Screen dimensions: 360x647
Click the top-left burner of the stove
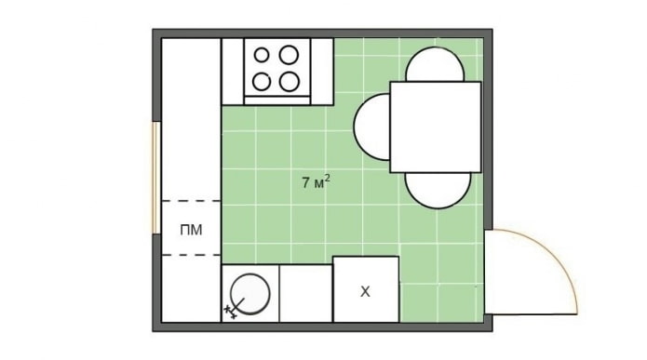coord(264,55)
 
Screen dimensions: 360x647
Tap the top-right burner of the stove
coord(290,55)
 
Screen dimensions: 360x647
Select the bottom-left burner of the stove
coord(264,80)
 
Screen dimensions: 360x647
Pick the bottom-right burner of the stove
coord(290,80)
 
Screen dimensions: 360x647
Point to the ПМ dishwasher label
coord(192,229)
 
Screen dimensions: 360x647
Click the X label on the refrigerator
coord(365,292)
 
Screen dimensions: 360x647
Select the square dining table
coord(435,127)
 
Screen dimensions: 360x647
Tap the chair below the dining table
coord(438,190)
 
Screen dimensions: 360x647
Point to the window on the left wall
coord(156,177)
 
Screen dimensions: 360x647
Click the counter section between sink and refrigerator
coord(306,293)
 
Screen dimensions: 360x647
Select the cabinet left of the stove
coord(233,72)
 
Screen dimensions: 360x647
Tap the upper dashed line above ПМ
coord(192,201)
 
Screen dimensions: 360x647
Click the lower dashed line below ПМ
coord(192,255)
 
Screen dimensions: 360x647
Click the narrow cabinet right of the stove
coord(322,72)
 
